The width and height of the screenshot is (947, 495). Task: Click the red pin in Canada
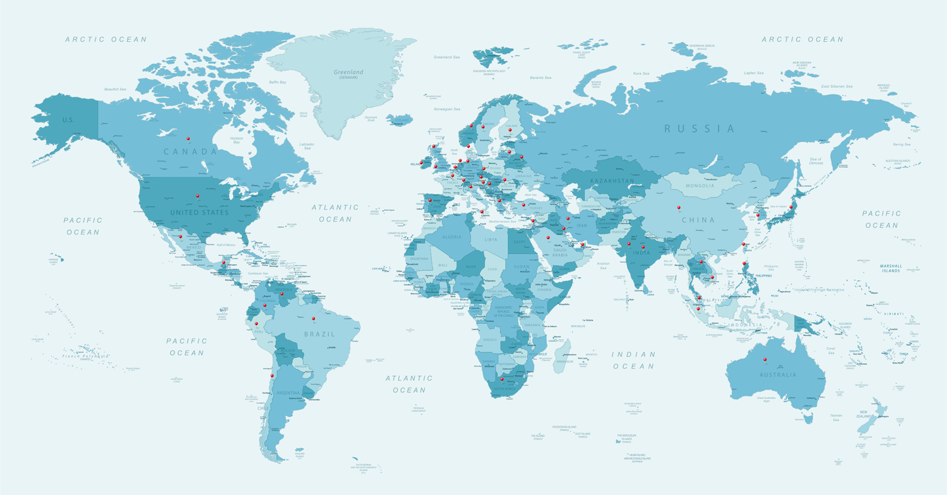pos(188,138)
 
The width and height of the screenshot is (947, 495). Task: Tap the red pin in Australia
pos(765,360)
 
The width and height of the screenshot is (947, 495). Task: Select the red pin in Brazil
pos(313,318)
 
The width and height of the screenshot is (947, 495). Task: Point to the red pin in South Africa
pos(502,379)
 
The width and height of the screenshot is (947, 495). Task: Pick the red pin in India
pos(629,243)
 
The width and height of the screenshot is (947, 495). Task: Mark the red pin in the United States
pos(197,196)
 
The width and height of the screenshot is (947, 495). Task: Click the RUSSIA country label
pos(699,129)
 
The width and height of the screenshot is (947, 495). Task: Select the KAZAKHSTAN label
pos(612,181)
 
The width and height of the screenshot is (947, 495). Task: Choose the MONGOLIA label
pos(700,186)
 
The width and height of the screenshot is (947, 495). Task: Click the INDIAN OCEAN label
pos(633,361)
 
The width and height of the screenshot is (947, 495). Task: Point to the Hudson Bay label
pos(237,140)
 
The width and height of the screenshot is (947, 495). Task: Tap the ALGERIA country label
pos(451,237)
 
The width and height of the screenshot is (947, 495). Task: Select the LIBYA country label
pos(491,240)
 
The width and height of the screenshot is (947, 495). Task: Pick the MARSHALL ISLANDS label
pos(891,268)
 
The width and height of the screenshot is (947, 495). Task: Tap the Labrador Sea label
pos(307,146)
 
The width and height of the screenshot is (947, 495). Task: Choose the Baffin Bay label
pos(278,82)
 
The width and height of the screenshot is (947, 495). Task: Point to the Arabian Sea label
pos(603,265)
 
